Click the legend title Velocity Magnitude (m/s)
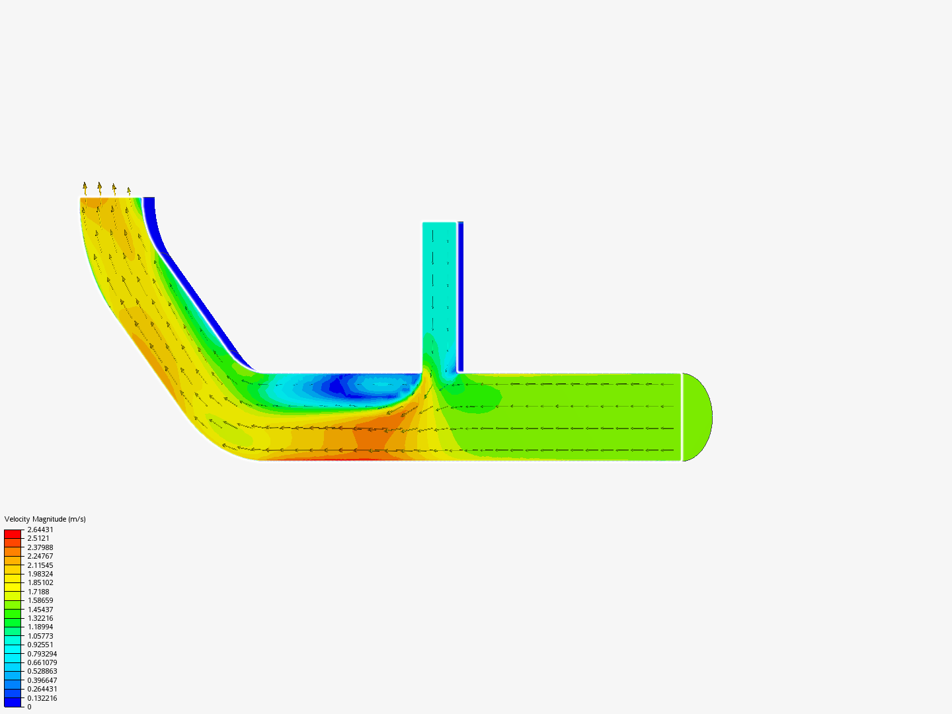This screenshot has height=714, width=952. click(45, 519)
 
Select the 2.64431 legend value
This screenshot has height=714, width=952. click(40, 530)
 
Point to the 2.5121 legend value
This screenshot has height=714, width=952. click(38, 538)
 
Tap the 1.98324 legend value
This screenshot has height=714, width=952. click(40, 574)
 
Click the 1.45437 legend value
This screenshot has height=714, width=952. click(40, 610)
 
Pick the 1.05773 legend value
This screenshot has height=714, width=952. click(40, 636)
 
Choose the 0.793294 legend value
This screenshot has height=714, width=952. click(42, 654)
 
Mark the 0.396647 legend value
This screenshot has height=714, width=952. click(42, 680)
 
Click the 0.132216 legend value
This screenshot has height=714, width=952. click(42, 698)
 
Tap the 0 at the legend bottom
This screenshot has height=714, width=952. click(29, 707)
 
